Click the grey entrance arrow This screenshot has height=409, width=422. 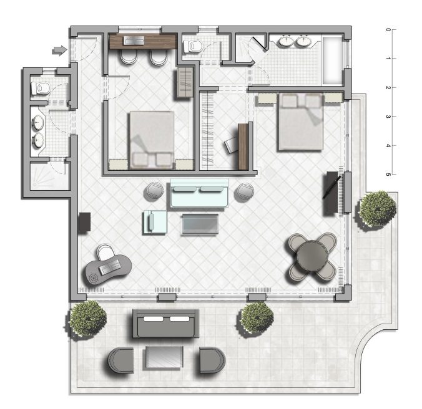tap(59, 50)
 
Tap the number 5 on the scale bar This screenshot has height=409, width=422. tap(388, 175)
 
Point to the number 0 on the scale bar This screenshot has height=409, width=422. tap(388, 29)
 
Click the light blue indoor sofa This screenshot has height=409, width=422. tap(199, 193)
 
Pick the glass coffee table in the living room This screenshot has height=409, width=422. tap(200, 224)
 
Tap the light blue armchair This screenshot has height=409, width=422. tap(155, 222)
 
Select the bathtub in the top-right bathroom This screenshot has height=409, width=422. tap(332, 60)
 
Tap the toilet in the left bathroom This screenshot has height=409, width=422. tap(41, 88)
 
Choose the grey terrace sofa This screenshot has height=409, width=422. tap(166, 324)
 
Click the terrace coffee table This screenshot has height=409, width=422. tap(164, 357)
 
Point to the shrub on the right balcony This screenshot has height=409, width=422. tap(378, 208)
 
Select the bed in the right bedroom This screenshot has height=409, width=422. tap(301, 122)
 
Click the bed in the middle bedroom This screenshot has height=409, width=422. tap(152, 140)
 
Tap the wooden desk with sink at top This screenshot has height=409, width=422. tap(142, 41)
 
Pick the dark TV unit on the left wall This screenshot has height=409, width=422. tap(84, 222)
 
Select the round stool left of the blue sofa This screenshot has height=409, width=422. tap(154, 191)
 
